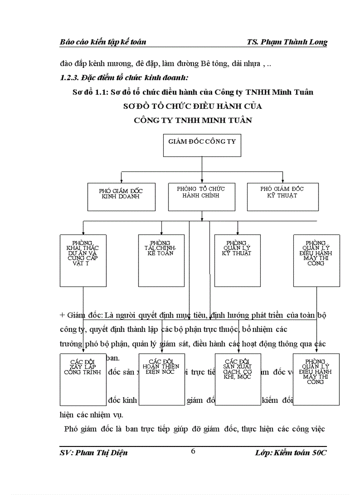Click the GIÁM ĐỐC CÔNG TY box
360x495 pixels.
[202, 145]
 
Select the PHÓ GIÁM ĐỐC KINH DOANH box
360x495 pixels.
[121, 196]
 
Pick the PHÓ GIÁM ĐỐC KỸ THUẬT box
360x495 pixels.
[281, 196]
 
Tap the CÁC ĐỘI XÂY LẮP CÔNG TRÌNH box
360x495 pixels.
[82, 379]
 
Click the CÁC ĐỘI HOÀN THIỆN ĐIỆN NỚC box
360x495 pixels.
[161, 379]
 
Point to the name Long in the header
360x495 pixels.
[317, 42]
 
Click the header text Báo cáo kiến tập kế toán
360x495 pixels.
[103, 42]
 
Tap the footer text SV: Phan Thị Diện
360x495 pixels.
[94, 453]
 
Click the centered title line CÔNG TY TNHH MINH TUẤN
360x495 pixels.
[193, 120]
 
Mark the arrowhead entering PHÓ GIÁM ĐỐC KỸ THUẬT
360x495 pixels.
[282, 181]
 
